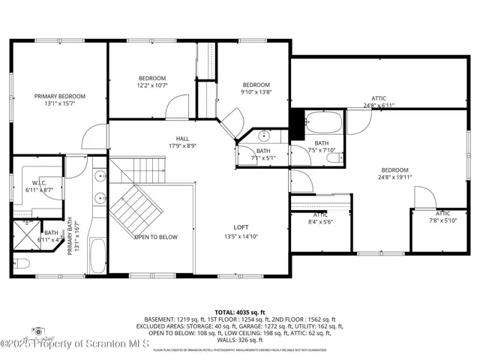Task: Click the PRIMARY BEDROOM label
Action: [60, 96]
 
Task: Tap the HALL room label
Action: [182, 139]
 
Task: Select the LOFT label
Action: [241, 226]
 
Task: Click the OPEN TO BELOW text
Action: [156, 237]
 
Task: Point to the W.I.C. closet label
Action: [40, 183]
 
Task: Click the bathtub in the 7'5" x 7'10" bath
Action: [323, 122]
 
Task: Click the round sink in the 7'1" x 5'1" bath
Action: [264, 136]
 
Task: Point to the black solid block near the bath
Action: [297, 122]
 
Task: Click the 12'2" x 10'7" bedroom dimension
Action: [152, 86]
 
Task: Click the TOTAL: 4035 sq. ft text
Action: [239, 310]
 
